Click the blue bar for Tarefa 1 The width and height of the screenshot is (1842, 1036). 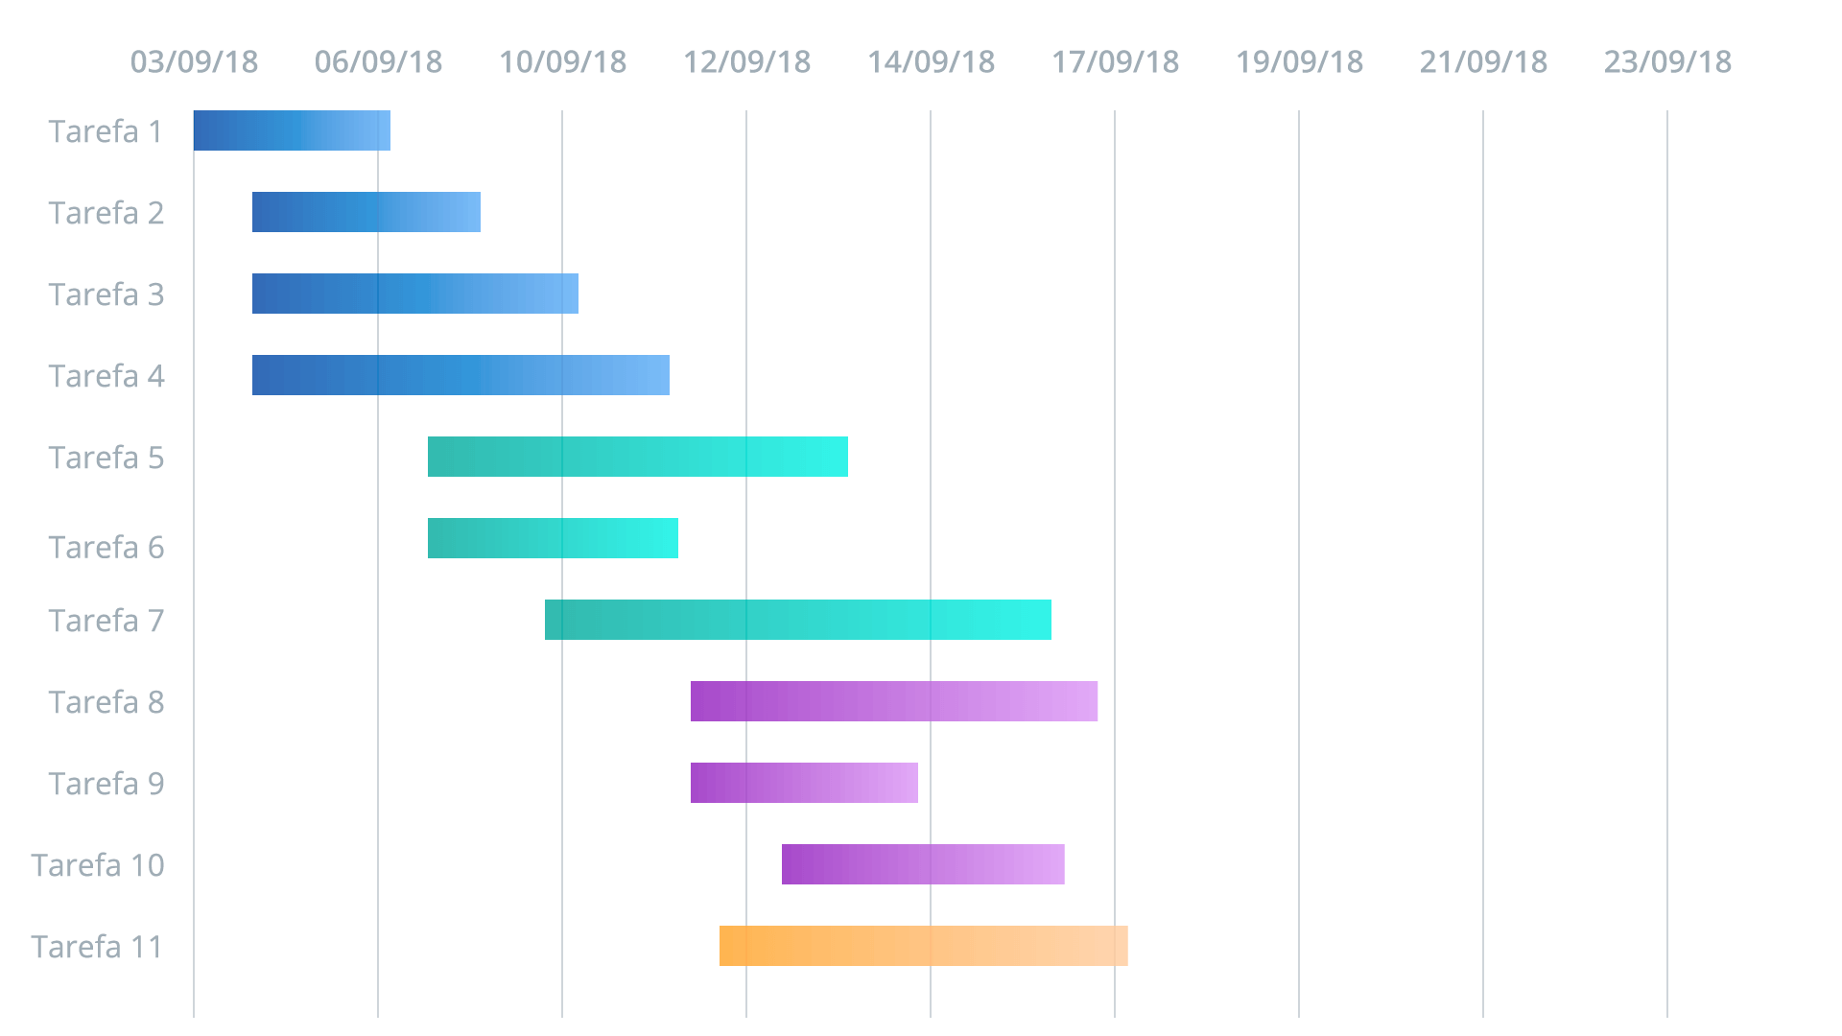[292, 130]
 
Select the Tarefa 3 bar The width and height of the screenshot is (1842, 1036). [414, 294]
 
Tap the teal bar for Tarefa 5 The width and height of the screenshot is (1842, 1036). [637, 457]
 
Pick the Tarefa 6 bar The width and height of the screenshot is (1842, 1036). [553, 538]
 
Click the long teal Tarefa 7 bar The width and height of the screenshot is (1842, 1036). [797, 620]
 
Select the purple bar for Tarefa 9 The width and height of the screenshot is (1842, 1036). [804, 783]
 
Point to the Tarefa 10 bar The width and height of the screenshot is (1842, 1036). [923, 864]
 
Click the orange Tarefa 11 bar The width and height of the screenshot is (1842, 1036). [923, 946]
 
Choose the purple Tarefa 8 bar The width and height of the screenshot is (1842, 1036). [894, 701]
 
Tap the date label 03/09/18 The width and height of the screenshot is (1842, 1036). [195, 62]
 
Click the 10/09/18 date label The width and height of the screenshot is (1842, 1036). [563, 62]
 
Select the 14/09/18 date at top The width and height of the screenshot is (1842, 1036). [932, 62]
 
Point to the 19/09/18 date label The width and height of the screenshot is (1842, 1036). [1300, 62]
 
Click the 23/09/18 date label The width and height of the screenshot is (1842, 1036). [1668, 62]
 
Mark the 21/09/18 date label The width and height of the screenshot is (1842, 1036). [1484, 62]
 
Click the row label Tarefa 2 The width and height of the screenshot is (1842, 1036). [106, 213]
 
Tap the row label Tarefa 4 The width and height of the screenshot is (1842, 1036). [106, 376]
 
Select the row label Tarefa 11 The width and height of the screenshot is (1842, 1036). [98, 947]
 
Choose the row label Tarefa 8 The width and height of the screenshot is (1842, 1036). [106, 702]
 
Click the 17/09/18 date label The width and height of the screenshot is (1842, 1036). [1116, 62]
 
